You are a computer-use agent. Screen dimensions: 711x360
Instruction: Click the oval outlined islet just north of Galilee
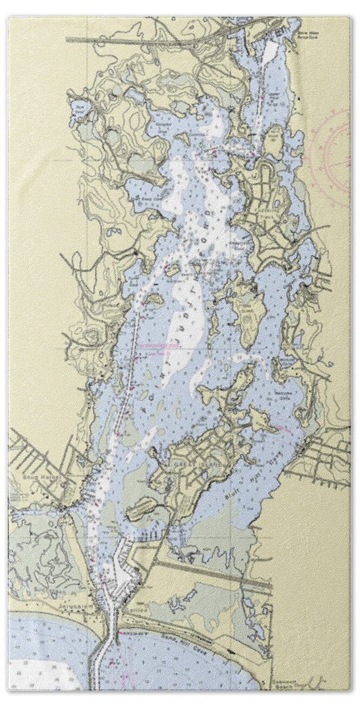click(141, 508)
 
